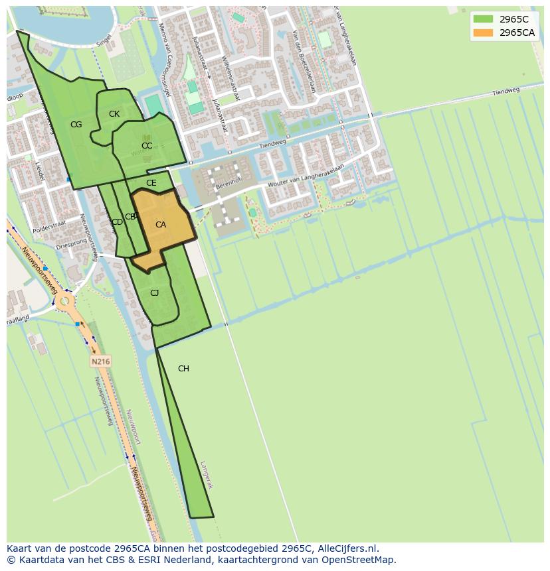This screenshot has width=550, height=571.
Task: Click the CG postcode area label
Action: click(76, 125)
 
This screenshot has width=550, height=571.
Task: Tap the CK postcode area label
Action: click(114, 114)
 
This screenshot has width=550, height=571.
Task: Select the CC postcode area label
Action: click(147, 146)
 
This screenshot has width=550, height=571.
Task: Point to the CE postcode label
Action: click(151, 183)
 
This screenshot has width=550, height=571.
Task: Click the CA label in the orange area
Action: click(161, 225)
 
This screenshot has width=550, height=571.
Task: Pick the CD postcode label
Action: click(117, 222)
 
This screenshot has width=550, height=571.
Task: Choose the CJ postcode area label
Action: click(155, 293)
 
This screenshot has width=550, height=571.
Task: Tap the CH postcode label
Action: click(183, 369)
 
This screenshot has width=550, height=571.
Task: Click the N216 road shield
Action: click(100, 361)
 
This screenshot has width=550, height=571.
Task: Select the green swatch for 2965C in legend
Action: click(483, 19)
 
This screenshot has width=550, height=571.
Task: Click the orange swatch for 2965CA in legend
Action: click(483, 32)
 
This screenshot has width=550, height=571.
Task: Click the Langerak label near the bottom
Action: click(207, 475)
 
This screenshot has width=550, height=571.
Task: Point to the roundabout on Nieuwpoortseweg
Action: click(64, 302)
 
